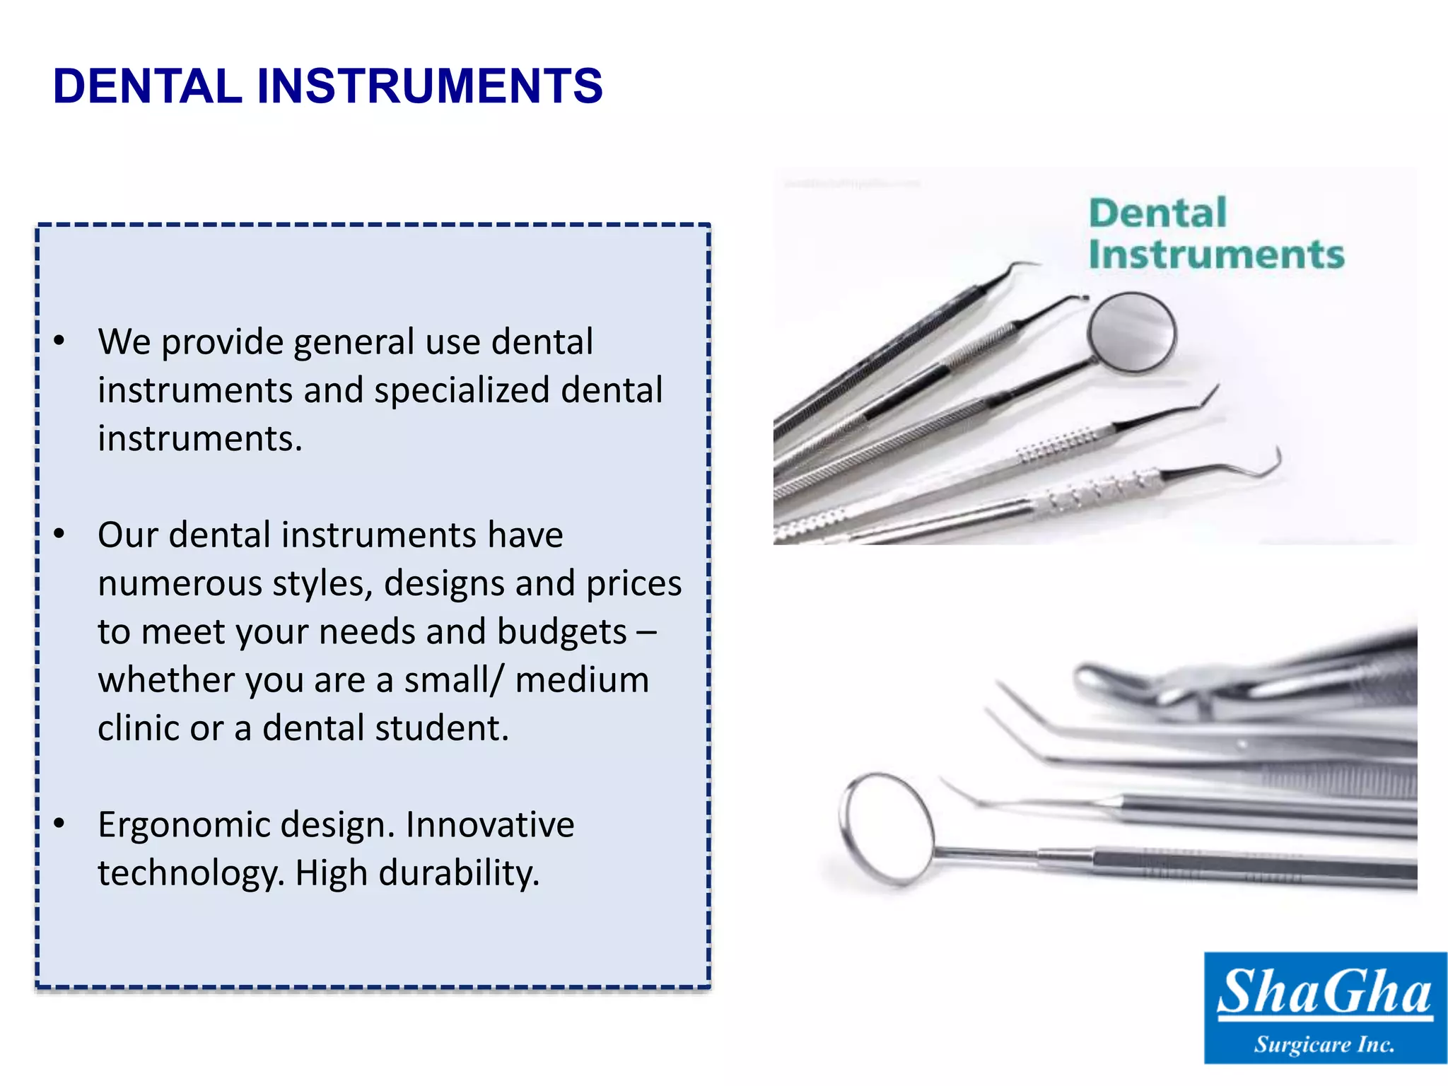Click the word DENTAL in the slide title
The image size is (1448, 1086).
(x=148, y=86)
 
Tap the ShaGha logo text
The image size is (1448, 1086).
(x=1324, y=992)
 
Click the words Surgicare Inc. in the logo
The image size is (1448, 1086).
(x=1324, y=1044)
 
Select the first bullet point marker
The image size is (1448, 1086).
(x=59, y=341)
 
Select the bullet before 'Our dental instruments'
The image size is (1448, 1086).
(x=59, y=535)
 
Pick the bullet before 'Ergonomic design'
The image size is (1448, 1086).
(x=59, y=824)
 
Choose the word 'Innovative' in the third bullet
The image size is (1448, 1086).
(x=489, y=824)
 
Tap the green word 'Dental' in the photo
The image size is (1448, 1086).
(x=1157, y=213)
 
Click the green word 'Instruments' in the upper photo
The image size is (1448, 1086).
(x=1216, y=255)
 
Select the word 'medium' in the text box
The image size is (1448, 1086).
(x=582, y=680)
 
